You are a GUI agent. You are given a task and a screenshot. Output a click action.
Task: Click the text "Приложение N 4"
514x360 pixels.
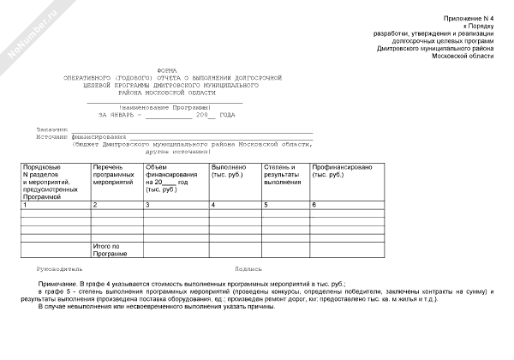[x=470, y=18]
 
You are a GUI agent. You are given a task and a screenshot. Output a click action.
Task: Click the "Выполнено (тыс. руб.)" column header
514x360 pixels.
[x=229, y=171]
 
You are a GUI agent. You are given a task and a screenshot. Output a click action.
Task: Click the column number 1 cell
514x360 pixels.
[x=26, y=205]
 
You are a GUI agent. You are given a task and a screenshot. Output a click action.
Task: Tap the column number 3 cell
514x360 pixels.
[x=148, y=205]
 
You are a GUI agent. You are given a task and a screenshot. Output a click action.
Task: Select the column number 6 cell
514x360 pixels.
[x=314, y=205]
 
